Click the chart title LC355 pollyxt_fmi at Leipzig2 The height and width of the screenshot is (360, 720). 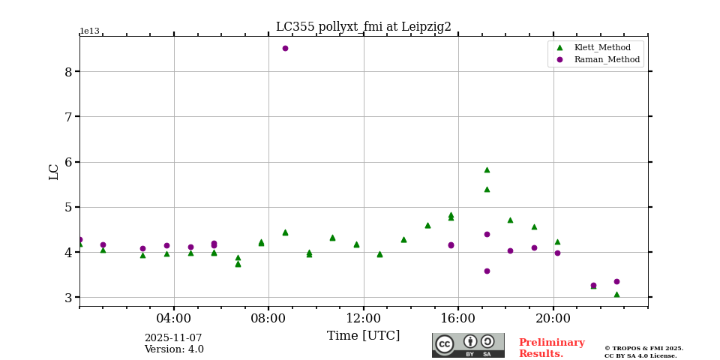point(364,27)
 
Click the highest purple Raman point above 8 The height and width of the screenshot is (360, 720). point(285,49)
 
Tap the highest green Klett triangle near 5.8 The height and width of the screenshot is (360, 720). point(487,169)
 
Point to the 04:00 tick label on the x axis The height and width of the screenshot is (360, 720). point(174,318)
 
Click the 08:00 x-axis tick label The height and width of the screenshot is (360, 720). point(268,318)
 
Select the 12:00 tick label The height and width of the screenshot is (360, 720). point(364,318)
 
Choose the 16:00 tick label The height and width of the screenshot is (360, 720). point(458,318)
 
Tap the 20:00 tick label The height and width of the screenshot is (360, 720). point(553,318)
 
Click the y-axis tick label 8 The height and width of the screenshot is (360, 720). point(68,72)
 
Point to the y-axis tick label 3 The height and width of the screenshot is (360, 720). point(68,298)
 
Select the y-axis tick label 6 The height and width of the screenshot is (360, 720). point(68,162)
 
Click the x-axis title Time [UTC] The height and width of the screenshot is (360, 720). point(364,336)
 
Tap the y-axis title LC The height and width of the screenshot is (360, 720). point(54,172)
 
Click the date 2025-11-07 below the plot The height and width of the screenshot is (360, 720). point(173,338)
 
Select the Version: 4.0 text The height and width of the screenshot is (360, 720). point(174,349)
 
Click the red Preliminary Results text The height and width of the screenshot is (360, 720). point(551,348)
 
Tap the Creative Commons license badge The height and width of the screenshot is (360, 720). point(468,345)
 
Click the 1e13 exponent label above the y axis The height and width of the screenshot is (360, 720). point(89,31)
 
